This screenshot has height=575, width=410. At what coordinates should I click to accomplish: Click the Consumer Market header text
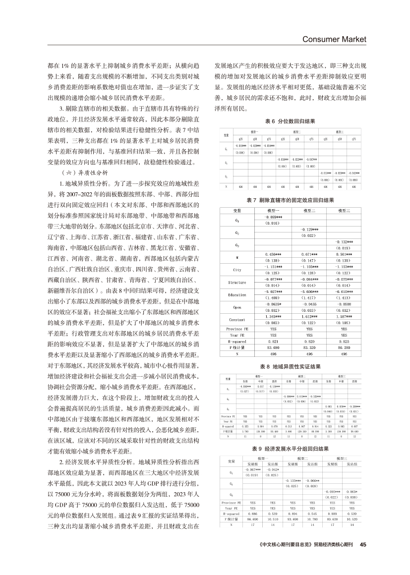point(334,39)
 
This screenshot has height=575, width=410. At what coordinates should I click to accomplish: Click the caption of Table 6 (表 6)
point(290,121)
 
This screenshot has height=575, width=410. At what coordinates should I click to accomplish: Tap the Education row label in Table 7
point(236,295)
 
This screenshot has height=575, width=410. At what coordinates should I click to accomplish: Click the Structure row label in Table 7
point(236,282)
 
